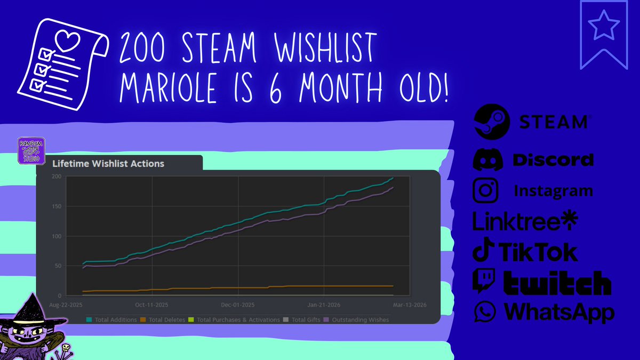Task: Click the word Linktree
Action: click(x=518, y=221)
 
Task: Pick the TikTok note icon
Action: click(x=483, y=251)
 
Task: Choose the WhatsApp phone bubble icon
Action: click(x=484, y=311)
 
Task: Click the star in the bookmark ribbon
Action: click(x=604, y=26)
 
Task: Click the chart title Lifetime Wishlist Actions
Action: click(x=108, y=164)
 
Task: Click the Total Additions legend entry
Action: click(x=111, y=319)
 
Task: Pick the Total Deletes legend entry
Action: click(x=164, y=319)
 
